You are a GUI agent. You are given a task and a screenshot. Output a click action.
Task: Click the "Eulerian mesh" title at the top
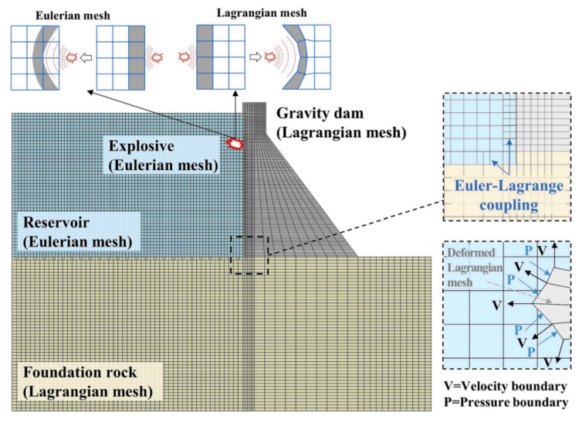(73, 15)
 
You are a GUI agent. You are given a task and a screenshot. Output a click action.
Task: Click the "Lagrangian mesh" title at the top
(262, 13)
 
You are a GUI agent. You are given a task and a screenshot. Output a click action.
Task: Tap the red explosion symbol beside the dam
(235, 144)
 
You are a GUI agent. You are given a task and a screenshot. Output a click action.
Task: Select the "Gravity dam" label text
(320, 113)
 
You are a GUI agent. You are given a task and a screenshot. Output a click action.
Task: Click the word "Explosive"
(141, 146)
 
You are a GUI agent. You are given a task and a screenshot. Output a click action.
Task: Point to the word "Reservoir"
(56, 223)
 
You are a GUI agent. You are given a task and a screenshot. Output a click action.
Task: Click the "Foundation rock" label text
(80, 372)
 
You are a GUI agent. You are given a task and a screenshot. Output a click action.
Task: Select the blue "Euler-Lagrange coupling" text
(509, 195)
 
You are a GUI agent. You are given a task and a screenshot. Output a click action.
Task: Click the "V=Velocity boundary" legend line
(505, 387)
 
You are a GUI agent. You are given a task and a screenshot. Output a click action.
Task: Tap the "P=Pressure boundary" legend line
(506, 402)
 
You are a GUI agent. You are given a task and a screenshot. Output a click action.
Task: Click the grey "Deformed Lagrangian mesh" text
(474, 268)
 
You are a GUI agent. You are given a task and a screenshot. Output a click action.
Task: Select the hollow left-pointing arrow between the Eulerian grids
(86, 58)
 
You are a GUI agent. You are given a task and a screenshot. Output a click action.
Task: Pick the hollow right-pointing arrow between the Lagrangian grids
(256, 57)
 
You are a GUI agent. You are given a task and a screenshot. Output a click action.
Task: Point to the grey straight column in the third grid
(205, 57)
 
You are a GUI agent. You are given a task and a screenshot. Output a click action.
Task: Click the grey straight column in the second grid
(137, 58)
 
